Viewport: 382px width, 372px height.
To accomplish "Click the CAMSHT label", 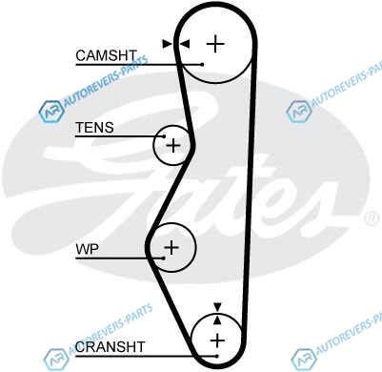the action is (106, 55).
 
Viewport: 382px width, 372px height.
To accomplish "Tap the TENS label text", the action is (94, 128).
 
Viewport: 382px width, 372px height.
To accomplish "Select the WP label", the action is (87, 249).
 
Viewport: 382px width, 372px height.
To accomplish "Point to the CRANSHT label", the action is (111, 347).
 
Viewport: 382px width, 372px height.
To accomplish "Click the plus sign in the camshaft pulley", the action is (215, 44).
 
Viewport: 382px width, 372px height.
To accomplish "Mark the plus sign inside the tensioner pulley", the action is (173, 146).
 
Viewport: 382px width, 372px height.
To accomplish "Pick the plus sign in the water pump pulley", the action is (171, 247).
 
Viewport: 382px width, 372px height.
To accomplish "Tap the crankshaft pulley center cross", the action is (217, 341).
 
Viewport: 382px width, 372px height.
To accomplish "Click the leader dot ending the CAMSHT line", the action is (202, 65).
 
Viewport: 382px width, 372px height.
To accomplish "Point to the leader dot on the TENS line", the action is (164, 136).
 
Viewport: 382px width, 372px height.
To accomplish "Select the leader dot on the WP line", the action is (164, 258).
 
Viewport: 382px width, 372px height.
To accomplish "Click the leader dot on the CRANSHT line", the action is (216, 356).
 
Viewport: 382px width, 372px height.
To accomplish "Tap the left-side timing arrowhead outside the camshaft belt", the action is (167, 44).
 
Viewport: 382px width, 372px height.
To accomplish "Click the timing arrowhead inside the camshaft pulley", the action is (185, 44).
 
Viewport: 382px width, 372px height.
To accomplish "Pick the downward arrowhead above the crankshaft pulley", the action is (217, 307).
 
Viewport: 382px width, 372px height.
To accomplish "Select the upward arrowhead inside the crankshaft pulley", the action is (217, 320).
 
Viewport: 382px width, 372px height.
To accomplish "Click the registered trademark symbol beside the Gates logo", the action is (372, 219).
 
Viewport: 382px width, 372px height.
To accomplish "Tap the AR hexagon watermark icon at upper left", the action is (50, 112).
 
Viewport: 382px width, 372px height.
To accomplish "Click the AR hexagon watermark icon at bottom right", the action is (303, 360).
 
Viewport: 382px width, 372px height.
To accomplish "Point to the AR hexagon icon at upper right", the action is (299, 112).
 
